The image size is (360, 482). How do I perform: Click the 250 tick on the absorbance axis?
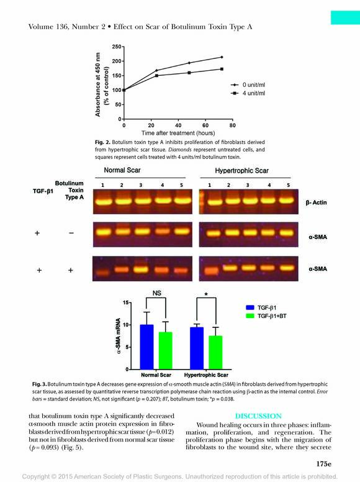117,47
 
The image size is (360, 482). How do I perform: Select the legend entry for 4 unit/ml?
248,93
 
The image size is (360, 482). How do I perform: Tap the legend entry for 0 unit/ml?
248,85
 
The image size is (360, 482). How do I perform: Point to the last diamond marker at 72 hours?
222,57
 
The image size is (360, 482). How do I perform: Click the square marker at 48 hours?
189,73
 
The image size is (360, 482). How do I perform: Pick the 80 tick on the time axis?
233,125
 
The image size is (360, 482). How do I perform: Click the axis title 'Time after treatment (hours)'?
178,133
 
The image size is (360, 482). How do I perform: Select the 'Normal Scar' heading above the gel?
122,170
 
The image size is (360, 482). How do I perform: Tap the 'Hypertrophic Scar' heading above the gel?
241,171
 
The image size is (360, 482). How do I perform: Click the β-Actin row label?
316,202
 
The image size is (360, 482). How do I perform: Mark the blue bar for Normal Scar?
146,347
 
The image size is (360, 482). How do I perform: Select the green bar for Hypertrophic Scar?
215,353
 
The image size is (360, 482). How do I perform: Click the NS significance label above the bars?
156,293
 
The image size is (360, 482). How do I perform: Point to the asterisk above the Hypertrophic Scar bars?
206,294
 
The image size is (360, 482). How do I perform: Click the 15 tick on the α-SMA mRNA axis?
125,302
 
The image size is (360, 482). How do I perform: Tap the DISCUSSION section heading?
258,416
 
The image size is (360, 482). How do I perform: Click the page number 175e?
324,464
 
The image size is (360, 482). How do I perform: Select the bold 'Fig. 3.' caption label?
39,384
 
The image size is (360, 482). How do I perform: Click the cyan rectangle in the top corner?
345,17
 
